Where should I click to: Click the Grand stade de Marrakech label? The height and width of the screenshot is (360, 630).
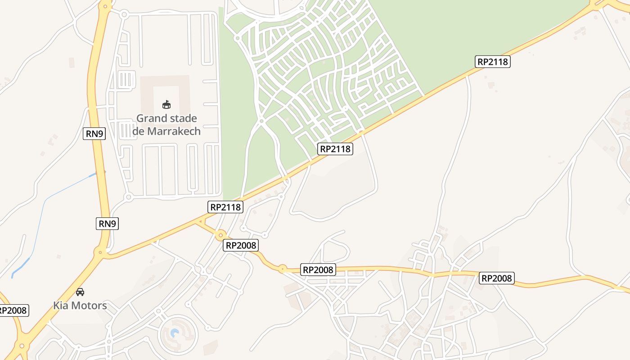166,125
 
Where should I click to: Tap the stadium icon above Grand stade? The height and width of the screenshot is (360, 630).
166,105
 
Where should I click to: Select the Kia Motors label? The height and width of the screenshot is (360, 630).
80,306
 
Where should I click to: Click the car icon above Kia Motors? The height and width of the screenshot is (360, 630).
80,292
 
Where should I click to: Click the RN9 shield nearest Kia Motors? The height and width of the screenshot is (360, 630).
107,223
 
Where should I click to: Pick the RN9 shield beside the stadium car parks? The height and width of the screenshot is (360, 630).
94,133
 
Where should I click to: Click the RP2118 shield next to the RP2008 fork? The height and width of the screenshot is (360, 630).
226,207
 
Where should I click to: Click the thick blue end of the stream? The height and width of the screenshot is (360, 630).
20,266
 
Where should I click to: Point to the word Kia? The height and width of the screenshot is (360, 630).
61,306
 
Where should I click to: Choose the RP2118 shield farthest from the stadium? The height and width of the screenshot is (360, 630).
492,62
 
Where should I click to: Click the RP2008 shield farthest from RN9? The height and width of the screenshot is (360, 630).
496,278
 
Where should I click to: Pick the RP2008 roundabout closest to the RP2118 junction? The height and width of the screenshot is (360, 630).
220,235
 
